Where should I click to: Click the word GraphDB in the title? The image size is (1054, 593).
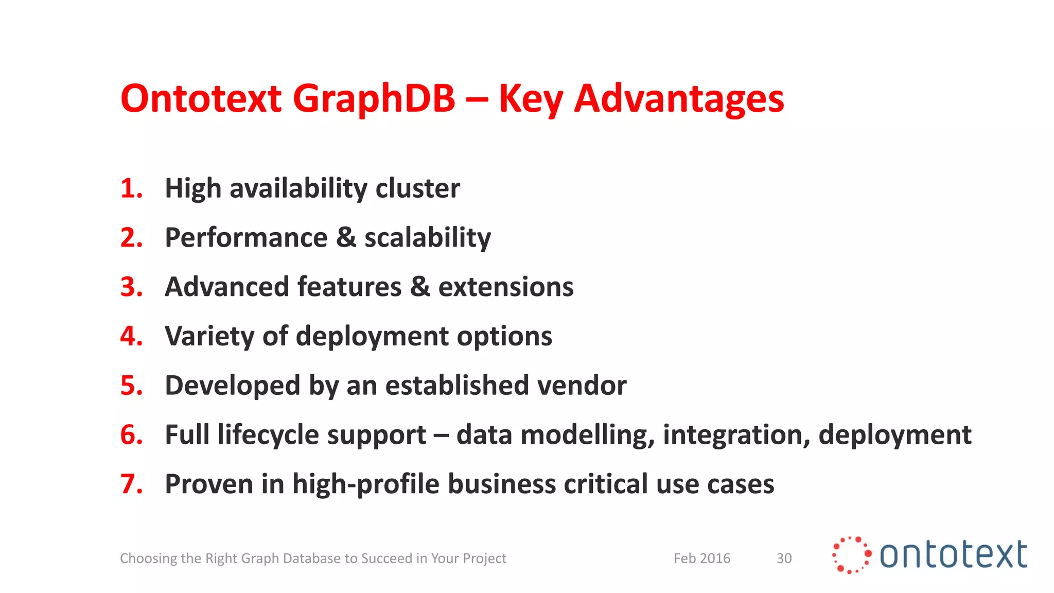(374, 99)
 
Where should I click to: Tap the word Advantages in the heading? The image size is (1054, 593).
(679, 99)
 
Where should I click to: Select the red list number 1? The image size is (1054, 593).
(131, 188)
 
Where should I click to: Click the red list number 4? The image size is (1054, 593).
(131, 337)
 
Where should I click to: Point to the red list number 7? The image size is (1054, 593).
(131, 484)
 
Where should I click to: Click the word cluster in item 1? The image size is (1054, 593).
(417, 188)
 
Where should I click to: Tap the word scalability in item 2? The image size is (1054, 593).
(428, 238)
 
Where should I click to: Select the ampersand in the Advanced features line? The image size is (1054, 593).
(420, 287)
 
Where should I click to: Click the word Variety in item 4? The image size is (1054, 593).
(209, 337)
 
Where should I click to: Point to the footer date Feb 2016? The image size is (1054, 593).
(702, 559)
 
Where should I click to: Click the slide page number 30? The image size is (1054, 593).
(784, 559)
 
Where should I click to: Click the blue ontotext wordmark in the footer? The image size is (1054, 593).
(953, 555)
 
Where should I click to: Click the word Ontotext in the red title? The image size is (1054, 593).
(201, 99)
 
